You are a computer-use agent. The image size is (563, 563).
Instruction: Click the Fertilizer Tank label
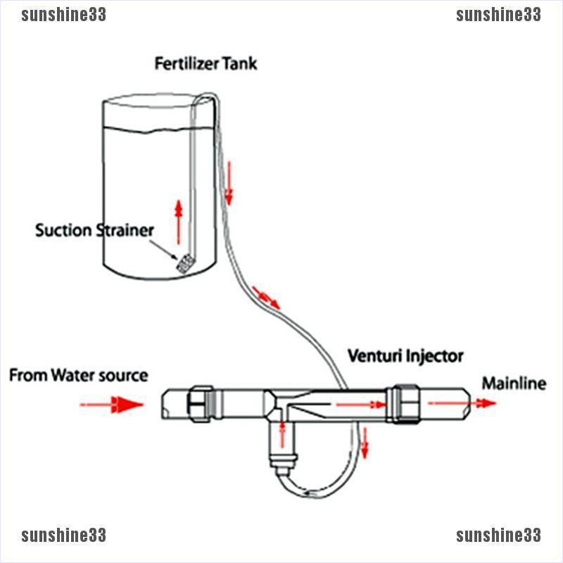tap(205, 64)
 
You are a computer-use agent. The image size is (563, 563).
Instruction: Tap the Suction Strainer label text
tap(94, 230)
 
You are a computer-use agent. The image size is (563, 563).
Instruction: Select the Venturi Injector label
tap(406, 356)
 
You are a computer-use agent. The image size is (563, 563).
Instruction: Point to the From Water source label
tap(78, 375)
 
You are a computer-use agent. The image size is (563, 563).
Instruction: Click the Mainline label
tap(513, 384)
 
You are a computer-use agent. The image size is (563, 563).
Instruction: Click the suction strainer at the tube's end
tap(185, 264)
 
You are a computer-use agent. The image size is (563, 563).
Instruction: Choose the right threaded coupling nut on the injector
tap(405, 403)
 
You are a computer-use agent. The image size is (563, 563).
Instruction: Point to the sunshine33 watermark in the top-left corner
tap(63, 15)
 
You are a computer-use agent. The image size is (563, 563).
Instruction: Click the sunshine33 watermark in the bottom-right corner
tap(498, 536)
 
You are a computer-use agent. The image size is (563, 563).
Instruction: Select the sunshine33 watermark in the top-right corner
tap(498, 15)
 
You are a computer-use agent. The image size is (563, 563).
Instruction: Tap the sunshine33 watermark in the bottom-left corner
tap(63, 536)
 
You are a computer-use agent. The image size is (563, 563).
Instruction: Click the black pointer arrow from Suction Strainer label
tap(165, 248)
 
